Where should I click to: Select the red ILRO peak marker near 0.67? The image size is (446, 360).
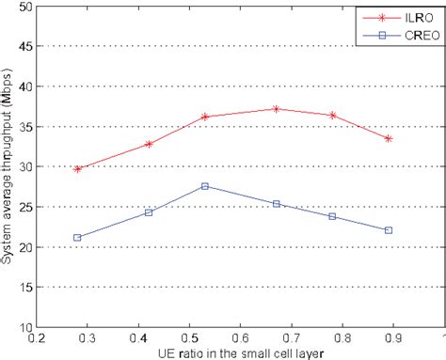pos(276,109)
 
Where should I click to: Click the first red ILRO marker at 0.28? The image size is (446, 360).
pos(77,168)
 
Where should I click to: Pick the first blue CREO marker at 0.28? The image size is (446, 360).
pos(77,238)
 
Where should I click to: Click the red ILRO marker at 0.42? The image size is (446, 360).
pos(149,144)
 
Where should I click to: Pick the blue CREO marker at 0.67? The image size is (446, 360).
pos(276,204)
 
